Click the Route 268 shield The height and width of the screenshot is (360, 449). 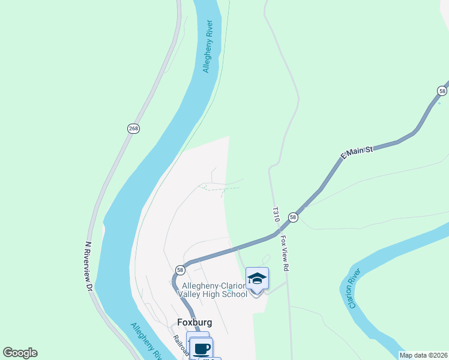(133, 128)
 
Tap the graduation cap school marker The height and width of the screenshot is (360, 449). (257, 279)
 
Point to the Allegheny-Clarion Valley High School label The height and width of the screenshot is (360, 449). (212, 290)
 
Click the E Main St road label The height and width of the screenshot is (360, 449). (357, 152)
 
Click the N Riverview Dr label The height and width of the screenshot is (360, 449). (88, 266)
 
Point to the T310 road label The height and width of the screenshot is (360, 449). (276, 215)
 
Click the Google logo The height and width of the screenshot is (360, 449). (20, 353)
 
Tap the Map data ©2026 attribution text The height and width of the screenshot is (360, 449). (423, 355)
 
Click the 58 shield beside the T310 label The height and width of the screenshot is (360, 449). (292, 217)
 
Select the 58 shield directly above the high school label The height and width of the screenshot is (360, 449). (180, 270)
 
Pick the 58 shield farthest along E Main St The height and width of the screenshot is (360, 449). (442, 91)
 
